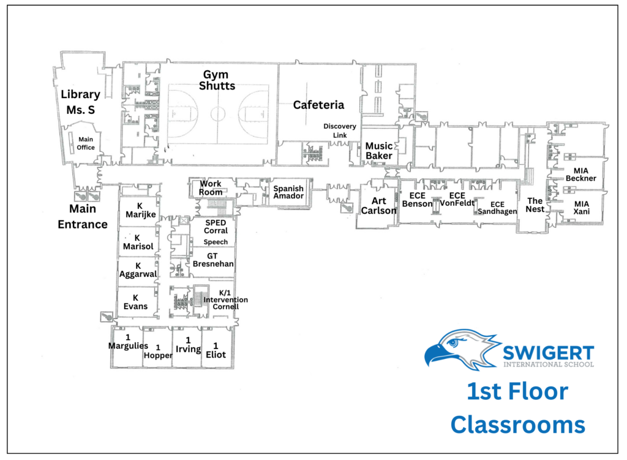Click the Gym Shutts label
coord(217,80)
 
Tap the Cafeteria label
coord(318,105)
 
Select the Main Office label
coord(86,143)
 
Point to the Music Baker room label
coord(378,151)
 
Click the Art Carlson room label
coord(378,206)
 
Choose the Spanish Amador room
coord(288,192)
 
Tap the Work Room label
coord(211,187)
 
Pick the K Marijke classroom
coord(140,211)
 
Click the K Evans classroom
coord(135,302)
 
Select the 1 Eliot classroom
coord(216,350)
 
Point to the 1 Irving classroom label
coord(189,345)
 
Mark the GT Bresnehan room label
coord(212,260)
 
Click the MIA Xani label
coord(581,208)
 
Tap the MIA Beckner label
coord(580,175)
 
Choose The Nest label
coord(535,205)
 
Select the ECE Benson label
coord(417,200)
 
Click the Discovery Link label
coord(339,131)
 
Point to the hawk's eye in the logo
coord(452,343)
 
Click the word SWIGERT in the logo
coord(548,353)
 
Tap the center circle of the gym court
coord(218,113)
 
